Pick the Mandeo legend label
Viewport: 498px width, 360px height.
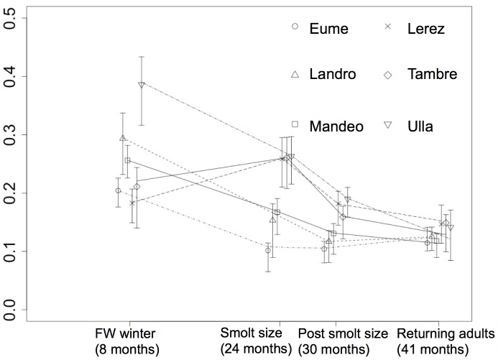[336, 126]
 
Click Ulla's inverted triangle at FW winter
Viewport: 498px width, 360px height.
[142, 85]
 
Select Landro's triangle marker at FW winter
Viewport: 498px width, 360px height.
[123, 138]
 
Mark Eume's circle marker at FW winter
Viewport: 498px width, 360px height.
[118, 190]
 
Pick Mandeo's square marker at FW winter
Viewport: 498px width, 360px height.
[127, 161]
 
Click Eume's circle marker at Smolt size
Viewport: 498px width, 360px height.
[268, 251]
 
